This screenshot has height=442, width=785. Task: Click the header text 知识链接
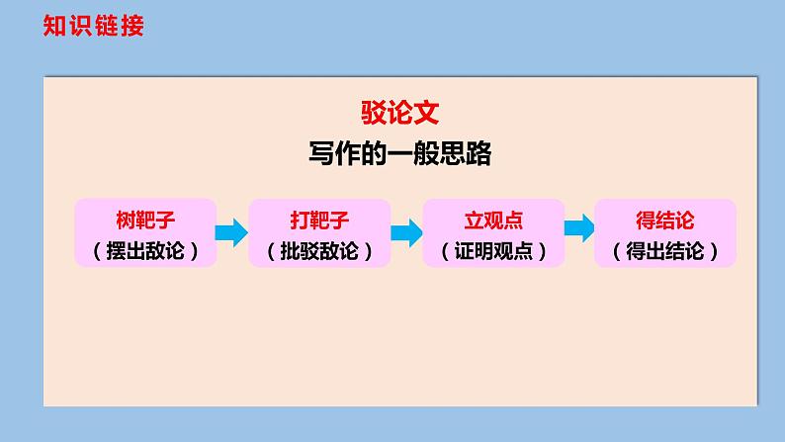(95, 26)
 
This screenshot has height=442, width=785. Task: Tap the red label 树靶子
(145, 219)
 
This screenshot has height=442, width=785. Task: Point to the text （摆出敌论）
(145, 250)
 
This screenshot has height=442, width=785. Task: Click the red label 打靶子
(318, 219)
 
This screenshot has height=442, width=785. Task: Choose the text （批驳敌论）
(318, 250)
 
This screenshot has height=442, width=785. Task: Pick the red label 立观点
(492, 219)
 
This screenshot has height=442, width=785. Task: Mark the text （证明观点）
(492, 250)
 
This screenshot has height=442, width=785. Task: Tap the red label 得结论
(664, 219)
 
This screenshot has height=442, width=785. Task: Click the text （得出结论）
(664, 250)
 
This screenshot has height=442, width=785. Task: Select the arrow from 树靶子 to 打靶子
(231, 233)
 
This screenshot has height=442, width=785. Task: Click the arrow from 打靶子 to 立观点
(405, 233)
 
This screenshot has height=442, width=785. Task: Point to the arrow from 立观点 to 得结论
(579, 227)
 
